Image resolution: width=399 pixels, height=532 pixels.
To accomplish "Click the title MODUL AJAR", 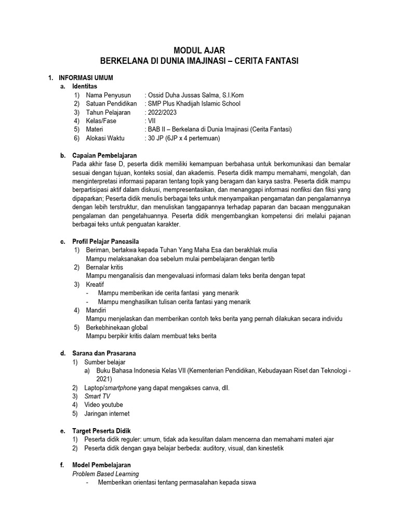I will (x=199, y=50).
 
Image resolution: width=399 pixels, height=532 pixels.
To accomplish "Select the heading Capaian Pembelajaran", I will (x=104, y=155).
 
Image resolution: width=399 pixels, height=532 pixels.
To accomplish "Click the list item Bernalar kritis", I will (x=104, y=267).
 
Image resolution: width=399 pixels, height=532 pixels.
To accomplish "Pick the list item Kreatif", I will (x=95, y=284).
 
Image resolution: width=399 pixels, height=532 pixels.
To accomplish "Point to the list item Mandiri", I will (x=96, y=310).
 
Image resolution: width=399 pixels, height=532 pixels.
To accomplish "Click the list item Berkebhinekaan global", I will (x=117, y=327).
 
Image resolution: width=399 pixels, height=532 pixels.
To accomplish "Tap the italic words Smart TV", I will (x=98, y=396).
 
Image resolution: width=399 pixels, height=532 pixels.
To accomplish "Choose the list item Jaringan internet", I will (x=108, y=414).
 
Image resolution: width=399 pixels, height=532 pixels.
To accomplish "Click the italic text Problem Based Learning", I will (x=105, y=474).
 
